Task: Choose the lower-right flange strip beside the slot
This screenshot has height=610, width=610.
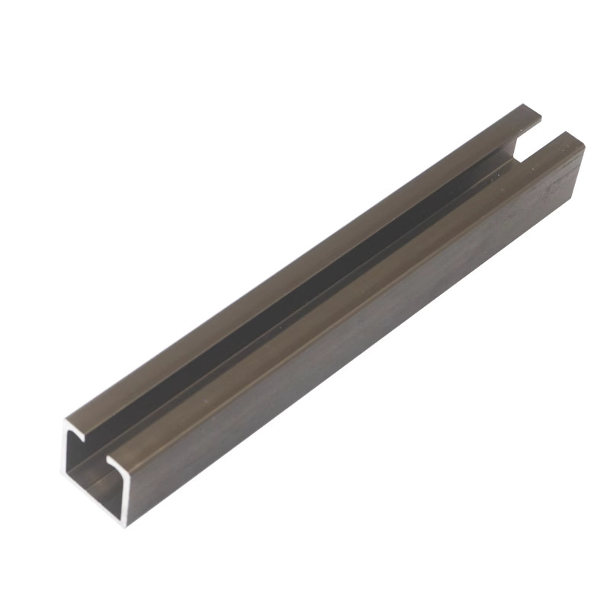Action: pyautogui.click(x=343, y=305)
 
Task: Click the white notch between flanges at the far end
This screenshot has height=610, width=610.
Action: pyautogui.click(x=534, y=141)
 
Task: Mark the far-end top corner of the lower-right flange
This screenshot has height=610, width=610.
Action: pyautogui.click(x=575, y=135)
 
